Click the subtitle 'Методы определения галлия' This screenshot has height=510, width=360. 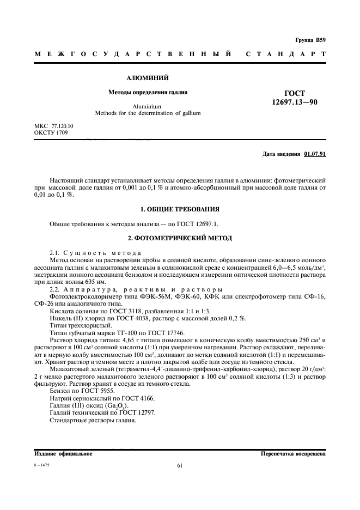(x=148, y=93)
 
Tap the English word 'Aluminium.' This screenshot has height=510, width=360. (x=148, y=107)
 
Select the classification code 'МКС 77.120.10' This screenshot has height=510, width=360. (x=53, y=126)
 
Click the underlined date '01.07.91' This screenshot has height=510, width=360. (x=315, y=154)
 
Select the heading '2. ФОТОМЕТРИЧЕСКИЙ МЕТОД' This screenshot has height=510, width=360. (x=180, y=238)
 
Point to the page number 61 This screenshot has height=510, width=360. (x=180, y=465)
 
